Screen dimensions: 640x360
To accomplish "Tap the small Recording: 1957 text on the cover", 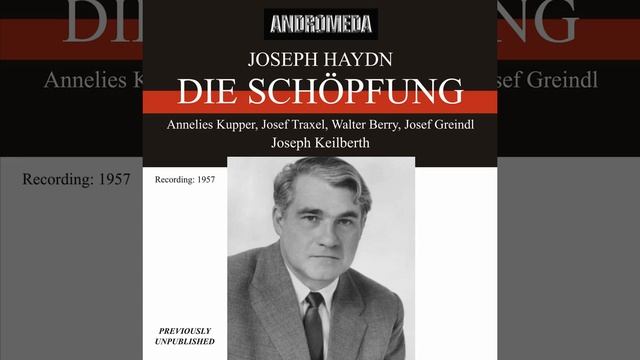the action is (x=185, y=179).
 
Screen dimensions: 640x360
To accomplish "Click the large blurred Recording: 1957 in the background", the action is (x=76, y=181).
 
